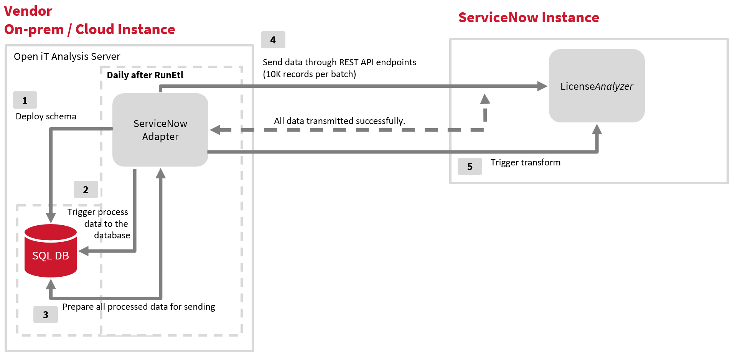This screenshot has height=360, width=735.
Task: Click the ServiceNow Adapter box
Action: [x=160, y=130]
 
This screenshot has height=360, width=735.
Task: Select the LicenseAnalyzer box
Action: [x=596, y=86]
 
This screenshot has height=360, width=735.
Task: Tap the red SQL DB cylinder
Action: [x=51, y=251]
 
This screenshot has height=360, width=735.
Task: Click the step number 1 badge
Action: [x=25, y=100]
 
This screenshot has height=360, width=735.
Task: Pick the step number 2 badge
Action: [x=86, y=190]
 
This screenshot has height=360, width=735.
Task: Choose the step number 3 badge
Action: [x=45, y=315]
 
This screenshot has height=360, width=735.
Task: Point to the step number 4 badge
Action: [x=273, y=40]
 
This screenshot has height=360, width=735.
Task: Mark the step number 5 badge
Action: [x=470, y=167]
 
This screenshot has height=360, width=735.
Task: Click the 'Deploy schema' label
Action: [x=46, y=116]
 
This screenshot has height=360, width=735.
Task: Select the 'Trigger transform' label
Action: [x=525, y=162]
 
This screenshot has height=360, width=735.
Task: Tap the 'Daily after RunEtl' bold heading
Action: [x=145, y=75]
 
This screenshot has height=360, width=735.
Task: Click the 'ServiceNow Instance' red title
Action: [x=529, y=18]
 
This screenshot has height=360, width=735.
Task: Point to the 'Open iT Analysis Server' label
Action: [x=67, y=56]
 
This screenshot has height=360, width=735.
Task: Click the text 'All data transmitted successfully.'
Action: [x=339, y=121]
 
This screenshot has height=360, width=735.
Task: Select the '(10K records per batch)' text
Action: [x=309, y=74]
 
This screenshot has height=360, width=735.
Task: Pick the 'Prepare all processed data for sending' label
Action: [x=138, y=307]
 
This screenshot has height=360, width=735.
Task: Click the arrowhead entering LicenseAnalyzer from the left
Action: [x=542, y=86]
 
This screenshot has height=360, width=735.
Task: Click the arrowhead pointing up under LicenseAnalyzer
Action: [x=597, y=129]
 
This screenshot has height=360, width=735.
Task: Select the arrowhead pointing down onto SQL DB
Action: [x=51, y=218]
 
